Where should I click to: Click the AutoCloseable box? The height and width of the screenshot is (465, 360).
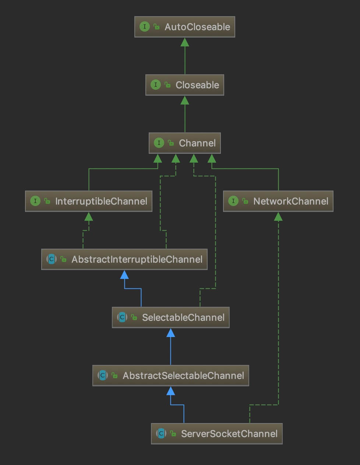point(185,27)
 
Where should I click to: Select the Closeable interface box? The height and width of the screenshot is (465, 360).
point(185,85)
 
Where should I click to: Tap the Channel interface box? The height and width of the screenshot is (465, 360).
point(185,143)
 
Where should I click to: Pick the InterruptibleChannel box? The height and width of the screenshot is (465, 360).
point(89,201)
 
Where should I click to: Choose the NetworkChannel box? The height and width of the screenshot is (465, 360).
point(278,201)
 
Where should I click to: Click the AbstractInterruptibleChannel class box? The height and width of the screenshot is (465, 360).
point(124,259)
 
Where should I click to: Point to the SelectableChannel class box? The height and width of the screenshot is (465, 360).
point(171,317)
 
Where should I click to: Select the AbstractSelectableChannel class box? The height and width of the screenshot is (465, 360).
point(171,376)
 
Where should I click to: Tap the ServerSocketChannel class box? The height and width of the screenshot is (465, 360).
point(217,434)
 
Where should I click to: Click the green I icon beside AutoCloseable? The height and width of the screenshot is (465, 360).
point(145,27)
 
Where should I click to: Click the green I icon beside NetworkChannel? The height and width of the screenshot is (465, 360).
point(233,201)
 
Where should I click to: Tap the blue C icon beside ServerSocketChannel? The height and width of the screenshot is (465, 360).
point(161,433)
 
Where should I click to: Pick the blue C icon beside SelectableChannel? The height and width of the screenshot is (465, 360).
point(122,317)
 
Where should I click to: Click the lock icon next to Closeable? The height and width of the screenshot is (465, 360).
point(167,85)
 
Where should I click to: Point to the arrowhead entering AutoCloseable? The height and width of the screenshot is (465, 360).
point(185,42)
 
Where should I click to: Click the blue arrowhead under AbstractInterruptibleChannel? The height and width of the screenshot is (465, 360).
point(124,275)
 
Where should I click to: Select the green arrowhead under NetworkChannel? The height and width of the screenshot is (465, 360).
point(278,217)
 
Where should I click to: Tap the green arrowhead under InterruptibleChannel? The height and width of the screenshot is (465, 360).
point(89,217)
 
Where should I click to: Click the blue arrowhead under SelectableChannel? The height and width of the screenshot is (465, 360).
point(170,333)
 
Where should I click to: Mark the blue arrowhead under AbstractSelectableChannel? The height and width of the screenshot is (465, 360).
point(170,391)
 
